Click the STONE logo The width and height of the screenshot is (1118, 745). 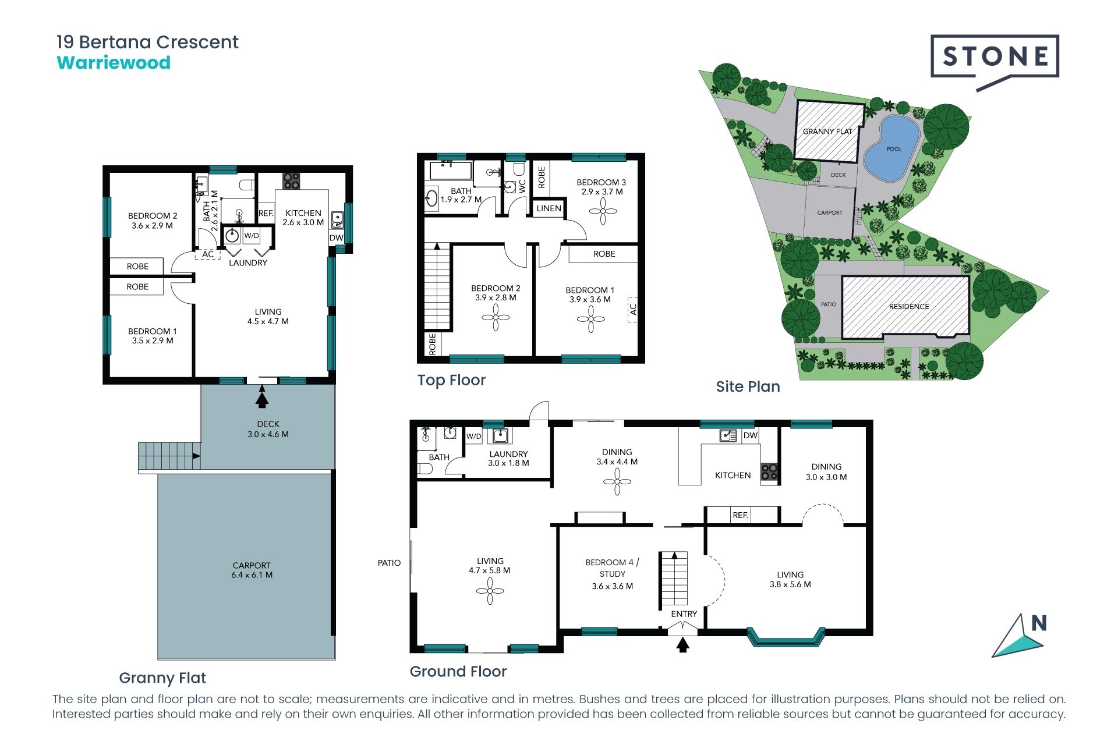click(995, 61)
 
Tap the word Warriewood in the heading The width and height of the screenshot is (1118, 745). click(114, 63)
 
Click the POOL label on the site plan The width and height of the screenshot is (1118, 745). click(894, 149)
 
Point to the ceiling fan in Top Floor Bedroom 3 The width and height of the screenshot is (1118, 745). click(603, 212)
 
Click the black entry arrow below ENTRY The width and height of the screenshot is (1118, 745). click(683, 644)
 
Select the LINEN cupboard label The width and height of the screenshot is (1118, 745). click(549, 208)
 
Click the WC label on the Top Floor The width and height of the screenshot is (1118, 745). click(522, 186)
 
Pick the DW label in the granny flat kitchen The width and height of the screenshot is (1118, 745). click(337, 237)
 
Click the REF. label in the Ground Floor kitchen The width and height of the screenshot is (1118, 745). click(740, 515)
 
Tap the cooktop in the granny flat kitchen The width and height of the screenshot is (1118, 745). click(291, 181)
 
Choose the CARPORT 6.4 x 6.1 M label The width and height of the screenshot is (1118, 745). click(252, 570)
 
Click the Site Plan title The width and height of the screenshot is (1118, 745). click(748, 386)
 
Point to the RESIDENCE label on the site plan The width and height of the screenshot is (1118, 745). click(909, 307)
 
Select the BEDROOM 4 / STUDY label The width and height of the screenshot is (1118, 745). click(613, 574)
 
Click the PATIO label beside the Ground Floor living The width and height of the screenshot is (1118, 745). click(389, 563)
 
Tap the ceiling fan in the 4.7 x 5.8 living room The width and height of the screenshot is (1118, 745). click(490, 591)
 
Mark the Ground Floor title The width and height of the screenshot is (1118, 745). click(458, 672)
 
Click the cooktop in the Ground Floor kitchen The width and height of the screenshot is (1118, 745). click(769, 471)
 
